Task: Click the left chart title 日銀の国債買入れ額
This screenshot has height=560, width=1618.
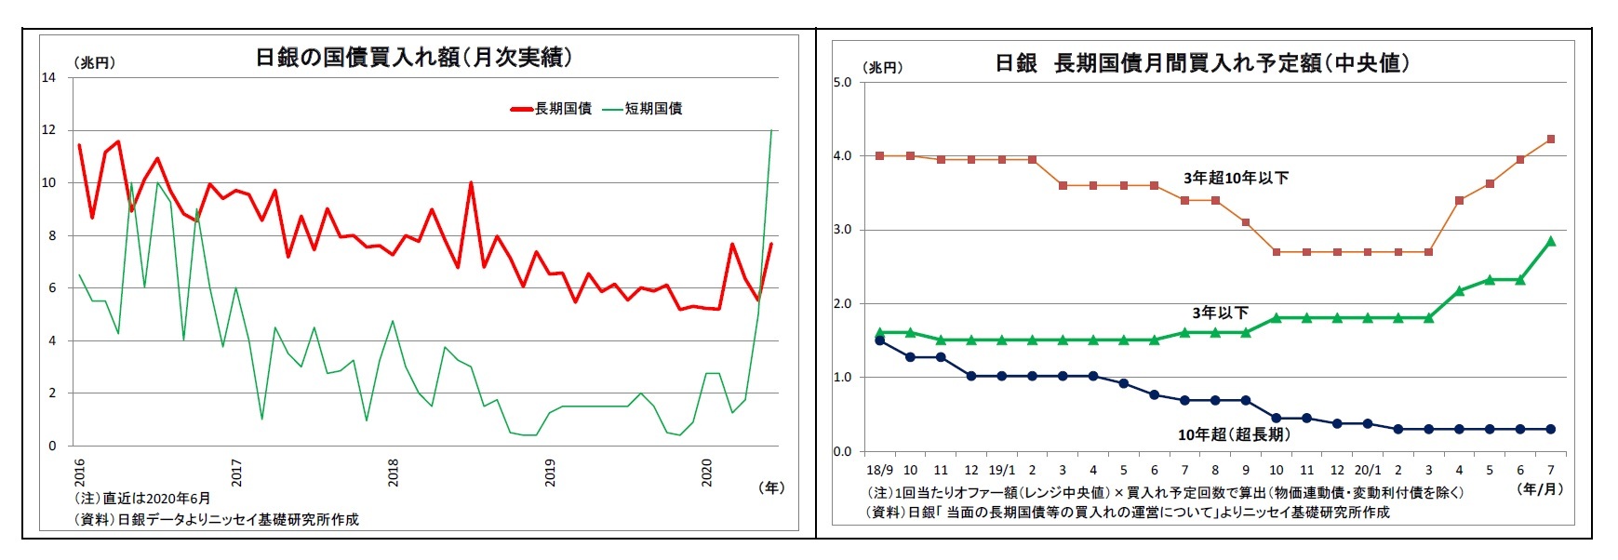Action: pyautogui.click(x=413, y=58)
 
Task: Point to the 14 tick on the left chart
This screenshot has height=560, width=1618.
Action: pyautogui.click(x=48, y=78)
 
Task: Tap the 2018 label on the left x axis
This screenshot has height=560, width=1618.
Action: pyautogui.click(x=393, y=472)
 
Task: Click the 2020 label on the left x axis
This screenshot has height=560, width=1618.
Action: pyautogui.click(x=706, y=472)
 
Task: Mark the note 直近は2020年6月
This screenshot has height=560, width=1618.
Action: pyautogui.click(x=144, y=499)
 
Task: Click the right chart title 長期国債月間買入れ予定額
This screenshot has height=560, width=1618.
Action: pyautogui.click(x=1202, y=63)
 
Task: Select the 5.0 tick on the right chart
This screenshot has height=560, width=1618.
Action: pyautogui.click(x=842, y=83)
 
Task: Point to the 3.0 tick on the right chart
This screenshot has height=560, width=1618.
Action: pyautogui.click(x=842, y=230)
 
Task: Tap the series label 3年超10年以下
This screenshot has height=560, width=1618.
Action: pyautogui.click(x=1236, y=178)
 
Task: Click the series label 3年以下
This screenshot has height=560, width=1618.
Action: pyautogui.click(x=1220, y=313)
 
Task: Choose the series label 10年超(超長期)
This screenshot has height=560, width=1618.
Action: pyautogui.click(x=1233, y=434)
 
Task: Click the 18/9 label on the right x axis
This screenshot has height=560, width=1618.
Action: pyautogui.click(x=879, y=471)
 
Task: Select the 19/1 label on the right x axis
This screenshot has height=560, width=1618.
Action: pyautogui.click(x=1001, y=471)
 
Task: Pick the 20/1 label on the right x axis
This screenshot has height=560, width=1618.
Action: pyautogui.click(x=1367, y=471)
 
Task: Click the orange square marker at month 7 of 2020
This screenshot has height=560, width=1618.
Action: pyautogui.click(x=1550, y=140)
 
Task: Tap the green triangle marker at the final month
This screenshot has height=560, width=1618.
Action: pyautogui.click(x=1550, y=241)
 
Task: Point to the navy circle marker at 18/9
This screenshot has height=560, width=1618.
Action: pyautogui.click(x=879, y=340)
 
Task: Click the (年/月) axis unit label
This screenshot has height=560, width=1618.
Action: pyautogui.click(x=1540, y=488)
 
